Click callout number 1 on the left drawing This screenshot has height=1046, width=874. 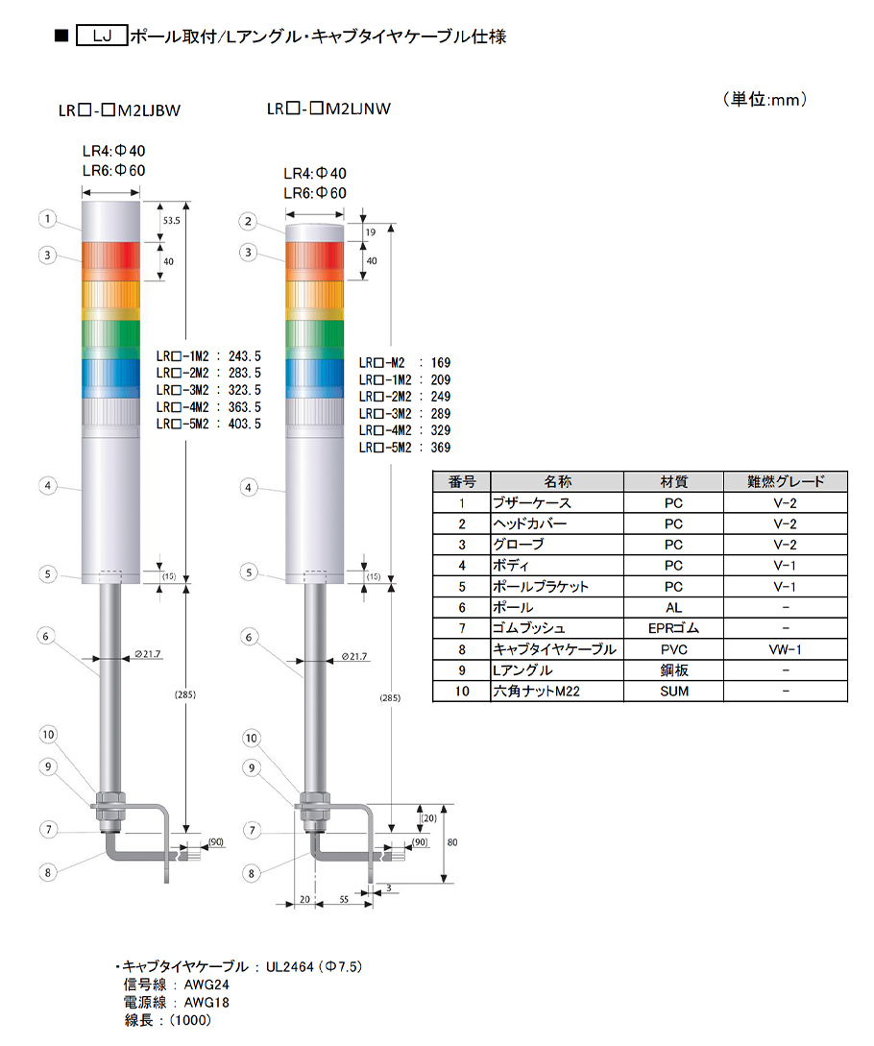tap(47, 219)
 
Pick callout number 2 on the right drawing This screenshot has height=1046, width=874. tap(248, 222)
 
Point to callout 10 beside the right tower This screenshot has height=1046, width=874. tap(251, 738)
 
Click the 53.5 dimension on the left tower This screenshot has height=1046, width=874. tap(172, 221)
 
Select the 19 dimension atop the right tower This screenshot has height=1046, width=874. tap(371, 232)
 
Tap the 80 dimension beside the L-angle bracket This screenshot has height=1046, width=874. tap(452, 842)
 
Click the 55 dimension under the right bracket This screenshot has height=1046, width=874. tap(344, 899)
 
